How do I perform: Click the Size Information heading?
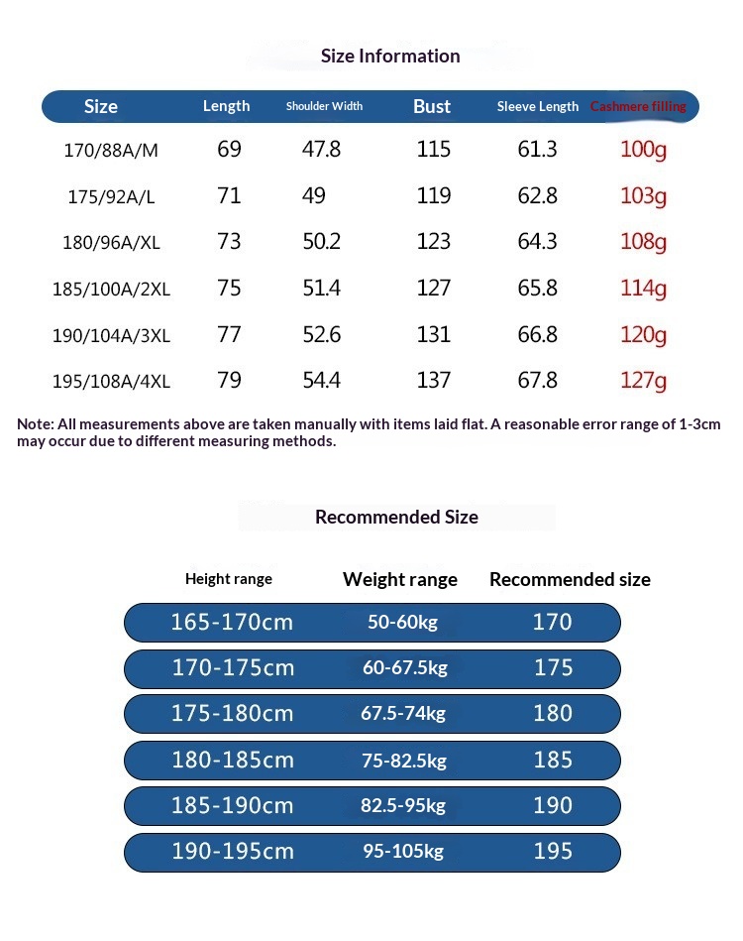pos(390,56)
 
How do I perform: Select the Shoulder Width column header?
pos(324,106)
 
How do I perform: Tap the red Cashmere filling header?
pos(638,106)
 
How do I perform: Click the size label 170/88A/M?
pos(111,151)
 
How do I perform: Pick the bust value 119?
pos(434,196)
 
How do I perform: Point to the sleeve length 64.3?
pos(537,242)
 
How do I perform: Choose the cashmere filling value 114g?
pos(643,289)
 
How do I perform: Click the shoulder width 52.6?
pos(321,335)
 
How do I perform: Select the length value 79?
pos(229,381)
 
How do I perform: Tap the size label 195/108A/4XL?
pos(111,382)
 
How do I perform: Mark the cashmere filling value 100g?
pos(643,151)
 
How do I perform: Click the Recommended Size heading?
pos(396,517)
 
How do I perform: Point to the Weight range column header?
pos(400,579)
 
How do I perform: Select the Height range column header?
pos(229,579)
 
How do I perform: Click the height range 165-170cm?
pos(233,623)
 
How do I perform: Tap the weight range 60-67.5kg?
pos(405,668)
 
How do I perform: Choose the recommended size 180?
pos(553,714)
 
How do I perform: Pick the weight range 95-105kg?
pos(404,852)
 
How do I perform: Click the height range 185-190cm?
pos(233,806)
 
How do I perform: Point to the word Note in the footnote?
pos(35,424)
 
